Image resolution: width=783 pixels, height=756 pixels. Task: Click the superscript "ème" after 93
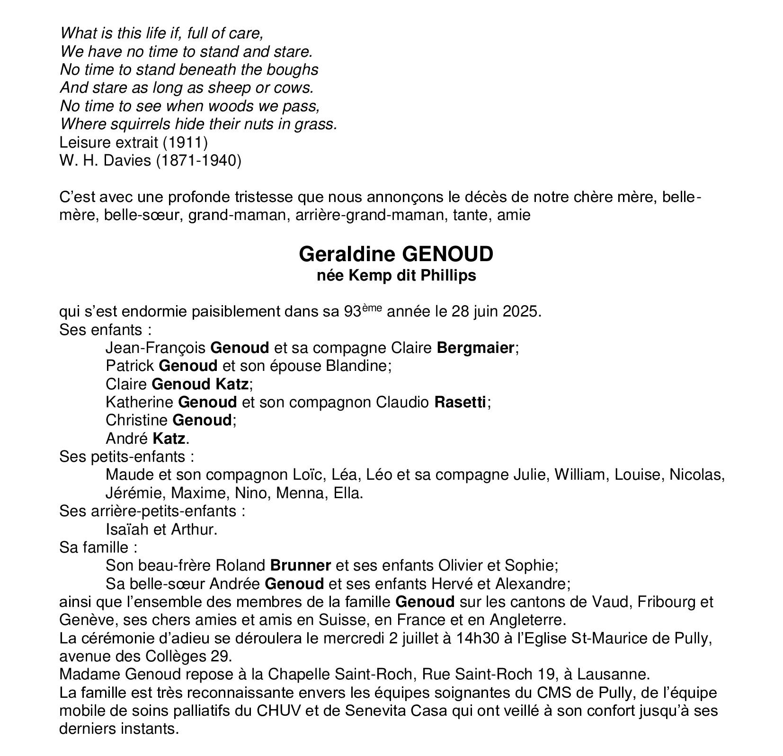[372, 308]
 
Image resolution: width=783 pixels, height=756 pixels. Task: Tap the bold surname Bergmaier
[475, 348]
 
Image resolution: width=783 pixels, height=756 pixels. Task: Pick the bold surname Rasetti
[460, 402]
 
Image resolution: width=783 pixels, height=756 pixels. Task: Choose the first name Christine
[136, 420]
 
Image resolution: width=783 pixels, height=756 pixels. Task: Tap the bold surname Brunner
[300, 565]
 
